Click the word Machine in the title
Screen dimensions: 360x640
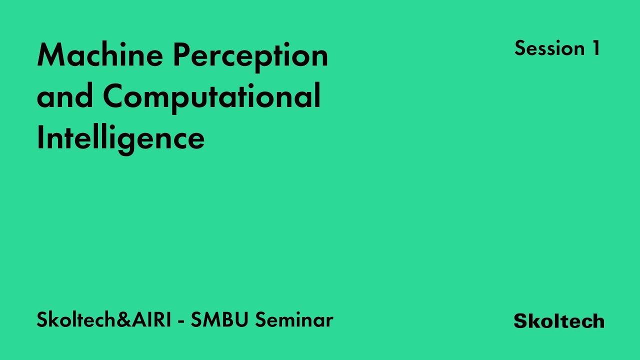pos(100,55)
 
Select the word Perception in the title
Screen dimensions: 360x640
pos(250,55)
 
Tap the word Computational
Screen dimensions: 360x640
pos(212,97)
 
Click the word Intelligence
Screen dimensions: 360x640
pos(120,138)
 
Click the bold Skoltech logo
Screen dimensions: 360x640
pos(559,321)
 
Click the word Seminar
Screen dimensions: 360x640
pos(294,320)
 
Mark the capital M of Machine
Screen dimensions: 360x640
pos(50,55)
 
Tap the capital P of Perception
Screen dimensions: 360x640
pos(181,55)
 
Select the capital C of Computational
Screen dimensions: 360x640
pos(114,97)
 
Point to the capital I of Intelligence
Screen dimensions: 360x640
pos(40,138)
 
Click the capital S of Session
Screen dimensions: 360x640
pos(520,48)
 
